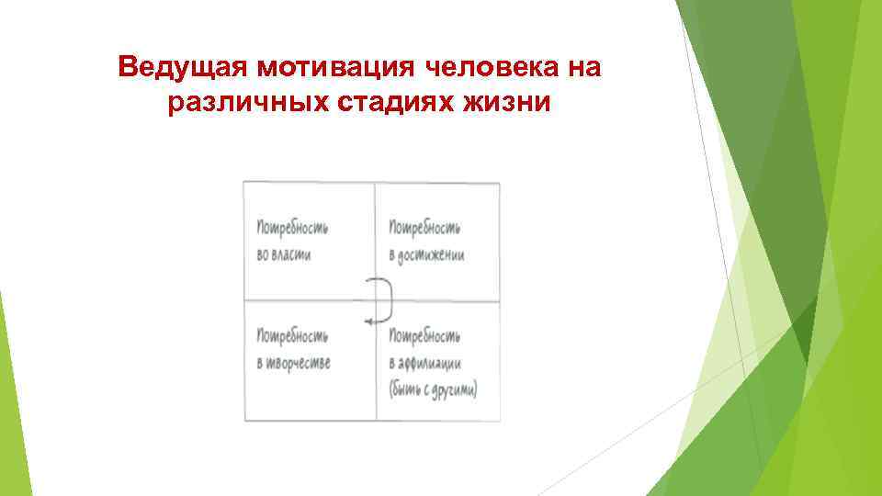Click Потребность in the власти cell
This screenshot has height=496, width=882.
point(293,225)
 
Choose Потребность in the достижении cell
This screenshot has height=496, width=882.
point(424,225)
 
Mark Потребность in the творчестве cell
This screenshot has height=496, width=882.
point(293,333)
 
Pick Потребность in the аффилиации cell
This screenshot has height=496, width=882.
point(424,333)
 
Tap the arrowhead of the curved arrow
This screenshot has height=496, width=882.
point(367,321)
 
